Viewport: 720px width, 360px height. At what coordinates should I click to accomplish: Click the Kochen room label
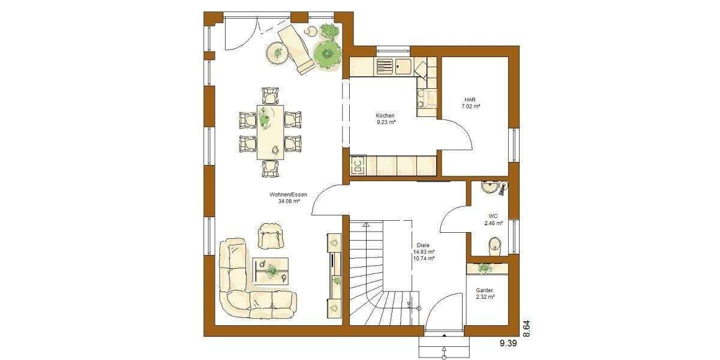(385, 115)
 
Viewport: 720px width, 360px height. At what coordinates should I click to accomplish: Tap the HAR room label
(470, 100)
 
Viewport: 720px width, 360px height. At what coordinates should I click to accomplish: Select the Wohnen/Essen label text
(289, 195)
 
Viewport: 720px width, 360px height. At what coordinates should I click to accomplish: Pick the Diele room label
(423, 245)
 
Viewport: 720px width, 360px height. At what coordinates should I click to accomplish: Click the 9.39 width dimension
(508, 343)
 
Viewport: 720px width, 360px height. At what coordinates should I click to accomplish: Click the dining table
(271, 132)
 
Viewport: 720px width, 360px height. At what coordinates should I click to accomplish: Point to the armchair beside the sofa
(271, 235)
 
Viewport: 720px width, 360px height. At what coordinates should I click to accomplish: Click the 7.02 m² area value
(470, 106)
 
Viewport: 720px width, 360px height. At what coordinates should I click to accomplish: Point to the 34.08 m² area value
(289, 202)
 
